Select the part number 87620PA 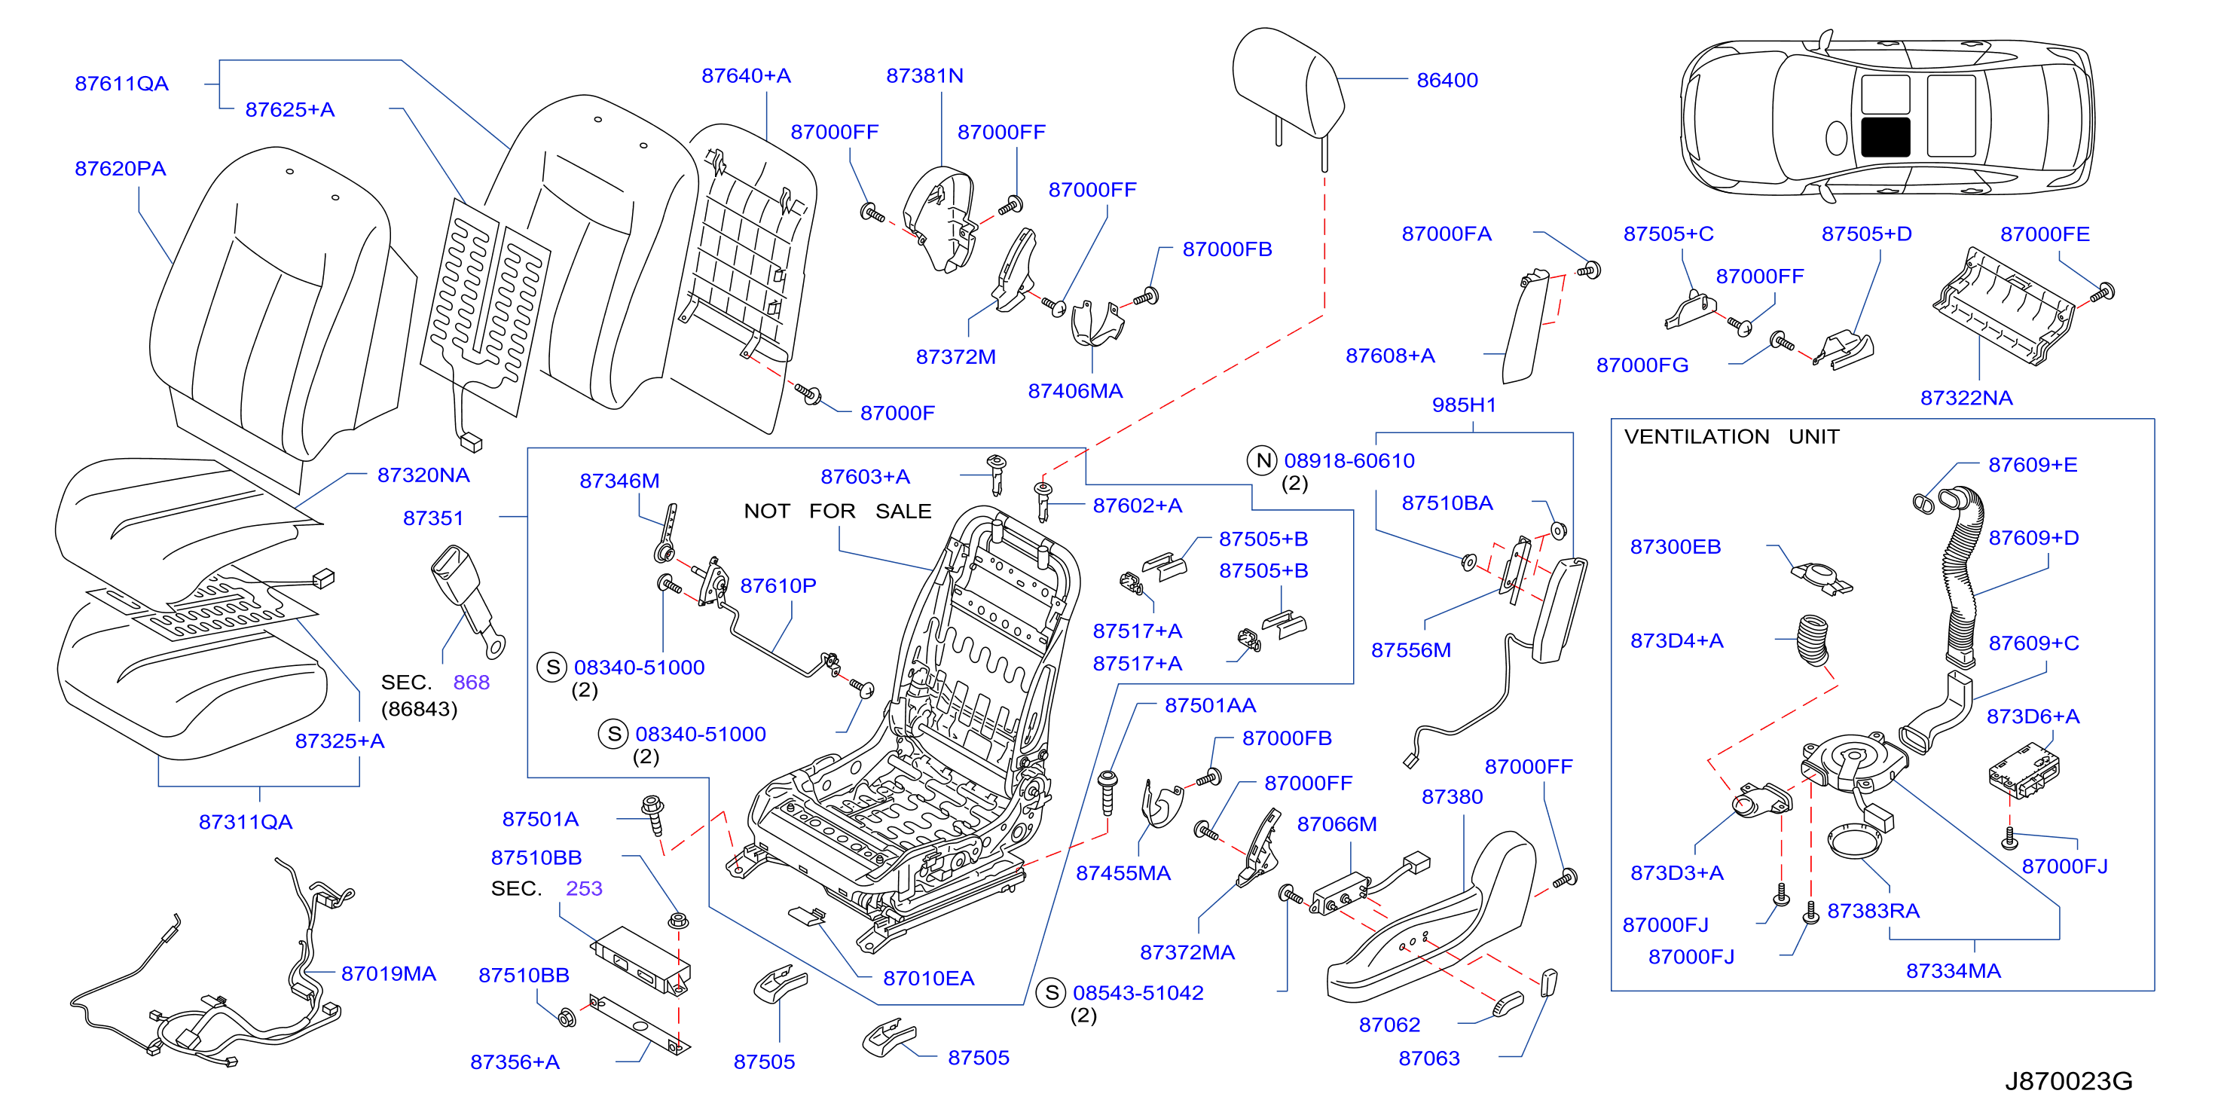pyautogui.click(x=120, y=168)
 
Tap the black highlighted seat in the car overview pyautogui.click(x=1885, y=137)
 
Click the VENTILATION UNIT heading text pyautogui.click(x=1731, y=437)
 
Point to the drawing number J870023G pyautogui.click(x=2068, y=1081)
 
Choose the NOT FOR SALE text pyautogui.click(x=837, y=512)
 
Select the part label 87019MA pyautogui.click(x=388, y=973)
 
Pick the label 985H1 pyautogui.click(x=1464, y=405)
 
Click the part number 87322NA pyautogui.click(x=1966, y=398)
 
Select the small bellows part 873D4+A pyautogui.click(x=1813, y=639)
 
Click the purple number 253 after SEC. pyautogui.click(x=584, y=888)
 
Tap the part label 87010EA pyautogui.click(x=928, y=979)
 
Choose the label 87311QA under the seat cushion pyautogui.click(x=246, y=822)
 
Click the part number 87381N pyautogui.click(x=924, y=76)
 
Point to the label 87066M pyautogui.click(x=1337, y=824)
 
